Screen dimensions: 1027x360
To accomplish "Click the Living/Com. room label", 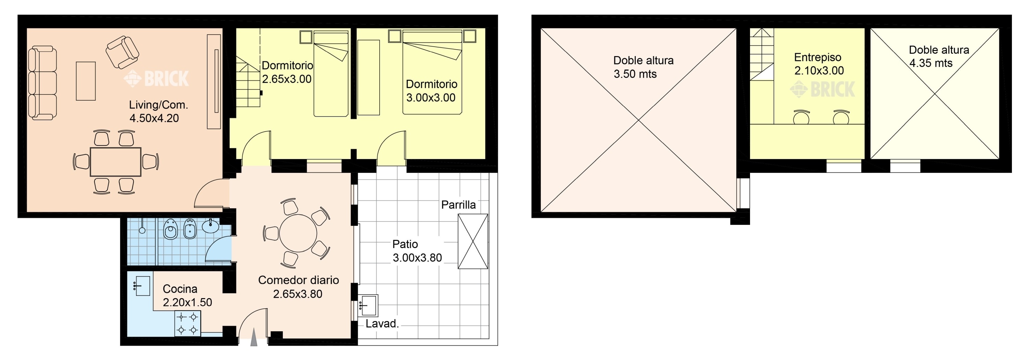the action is [158, 105].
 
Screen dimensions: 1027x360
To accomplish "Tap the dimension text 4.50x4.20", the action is [154, 118].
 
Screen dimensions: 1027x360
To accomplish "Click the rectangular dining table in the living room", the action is [115, 162].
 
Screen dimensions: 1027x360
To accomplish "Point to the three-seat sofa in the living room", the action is [42, 83].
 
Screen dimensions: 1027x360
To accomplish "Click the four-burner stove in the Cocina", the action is [187, 323].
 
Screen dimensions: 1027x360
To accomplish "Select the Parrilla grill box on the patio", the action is [473, 241].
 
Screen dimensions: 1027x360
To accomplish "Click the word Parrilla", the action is [458, 205].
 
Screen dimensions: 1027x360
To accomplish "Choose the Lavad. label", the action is [382, 324].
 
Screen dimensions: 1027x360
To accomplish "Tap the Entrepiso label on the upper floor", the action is [818, 58].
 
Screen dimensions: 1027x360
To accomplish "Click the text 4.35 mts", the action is [930, 63].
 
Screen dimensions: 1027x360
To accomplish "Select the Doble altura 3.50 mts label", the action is [643, 67].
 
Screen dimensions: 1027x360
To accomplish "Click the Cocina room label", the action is [180, 288].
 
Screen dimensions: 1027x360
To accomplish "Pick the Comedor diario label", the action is [298, 280].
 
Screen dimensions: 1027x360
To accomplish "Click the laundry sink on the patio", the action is [368, 305].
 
